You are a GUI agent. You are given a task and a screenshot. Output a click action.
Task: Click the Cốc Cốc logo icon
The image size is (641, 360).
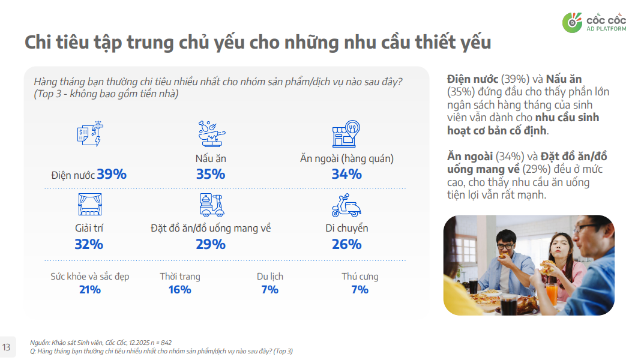coord(572,22)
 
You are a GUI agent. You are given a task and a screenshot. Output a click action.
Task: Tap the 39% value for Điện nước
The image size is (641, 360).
coord(112,174)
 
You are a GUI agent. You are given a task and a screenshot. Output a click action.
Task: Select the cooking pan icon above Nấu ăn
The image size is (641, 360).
coord(211,134)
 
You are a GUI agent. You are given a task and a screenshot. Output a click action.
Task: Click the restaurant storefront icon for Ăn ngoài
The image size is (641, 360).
coord(346,134)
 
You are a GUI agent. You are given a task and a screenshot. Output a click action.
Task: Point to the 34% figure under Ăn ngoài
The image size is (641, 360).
coord(346,174)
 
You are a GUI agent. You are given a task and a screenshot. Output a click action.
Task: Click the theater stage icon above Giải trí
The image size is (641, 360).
coord(89,205)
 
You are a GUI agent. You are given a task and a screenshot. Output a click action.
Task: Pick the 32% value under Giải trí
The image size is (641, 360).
coord(89,244)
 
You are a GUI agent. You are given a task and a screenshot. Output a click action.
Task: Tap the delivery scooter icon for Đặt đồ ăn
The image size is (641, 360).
coord(211,205)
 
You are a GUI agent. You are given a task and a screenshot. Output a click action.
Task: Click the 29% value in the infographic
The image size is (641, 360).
coord(211,244)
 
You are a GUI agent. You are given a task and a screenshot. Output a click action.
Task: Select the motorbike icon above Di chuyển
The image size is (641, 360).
coord(346,205)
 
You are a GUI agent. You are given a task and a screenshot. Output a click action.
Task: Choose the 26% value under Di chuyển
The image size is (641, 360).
coord(346,244)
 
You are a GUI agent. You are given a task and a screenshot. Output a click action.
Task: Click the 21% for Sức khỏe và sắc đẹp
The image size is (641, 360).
coord(89,290)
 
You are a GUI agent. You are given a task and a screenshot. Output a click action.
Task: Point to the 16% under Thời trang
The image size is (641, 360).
coord(179,290)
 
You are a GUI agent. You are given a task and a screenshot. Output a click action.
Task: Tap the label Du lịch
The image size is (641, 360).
coord(269,277)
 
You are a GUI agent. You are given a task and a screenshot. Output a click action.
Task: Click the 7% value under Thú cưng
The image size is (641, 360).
coord(360,290)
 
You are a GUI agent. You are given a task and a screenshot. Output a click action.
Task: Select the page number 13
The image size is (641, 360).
coord(7,347)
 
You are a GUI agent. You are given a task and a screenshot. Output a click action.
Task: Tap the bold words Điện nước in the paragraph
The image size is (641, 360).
coord(473,79)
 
